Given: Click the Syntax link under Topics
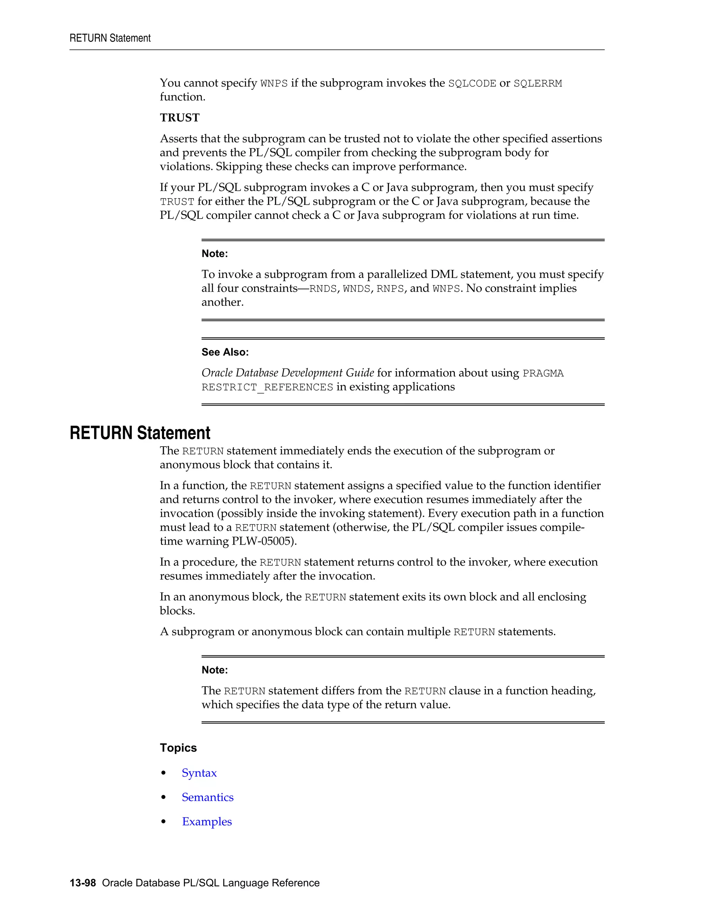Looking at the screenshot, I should point(199,773).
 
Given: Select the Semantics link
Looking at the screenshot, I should point(207,797).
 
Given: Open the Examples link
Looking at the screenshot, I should point(207,822).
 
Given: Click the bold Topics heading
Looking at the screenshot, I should point(178,748).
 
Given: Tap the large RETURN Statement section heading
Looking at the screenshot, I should point(140,433).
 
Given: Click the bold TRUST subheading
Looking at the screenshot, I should point(179,118).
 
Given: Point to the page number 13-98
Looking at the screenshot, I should point(83,883).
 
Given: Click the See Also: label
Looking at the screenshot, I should point(225,352).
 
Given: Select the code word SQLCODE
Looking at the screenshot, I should point(472,83).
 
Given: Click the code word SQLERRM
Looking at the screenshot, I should point(537,83).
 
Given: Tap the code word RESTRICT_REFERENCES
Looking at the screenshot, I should point(267,387).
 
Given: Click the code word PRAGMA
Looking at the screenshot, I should point(543,373).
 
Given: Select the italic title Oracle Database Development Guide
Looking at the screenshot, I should point(287,373).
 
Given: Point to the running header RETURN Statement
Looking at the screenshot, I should point(110,38).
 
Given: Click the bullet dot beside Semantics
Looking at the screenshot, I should point(164,798).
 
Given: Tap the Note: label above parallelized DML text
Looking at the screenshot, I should point(214,254).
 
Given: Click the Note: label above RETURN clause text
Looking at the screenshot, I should point(214,670).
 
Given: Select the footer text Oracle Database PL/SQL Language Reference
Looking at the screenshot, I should point(210,883).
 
